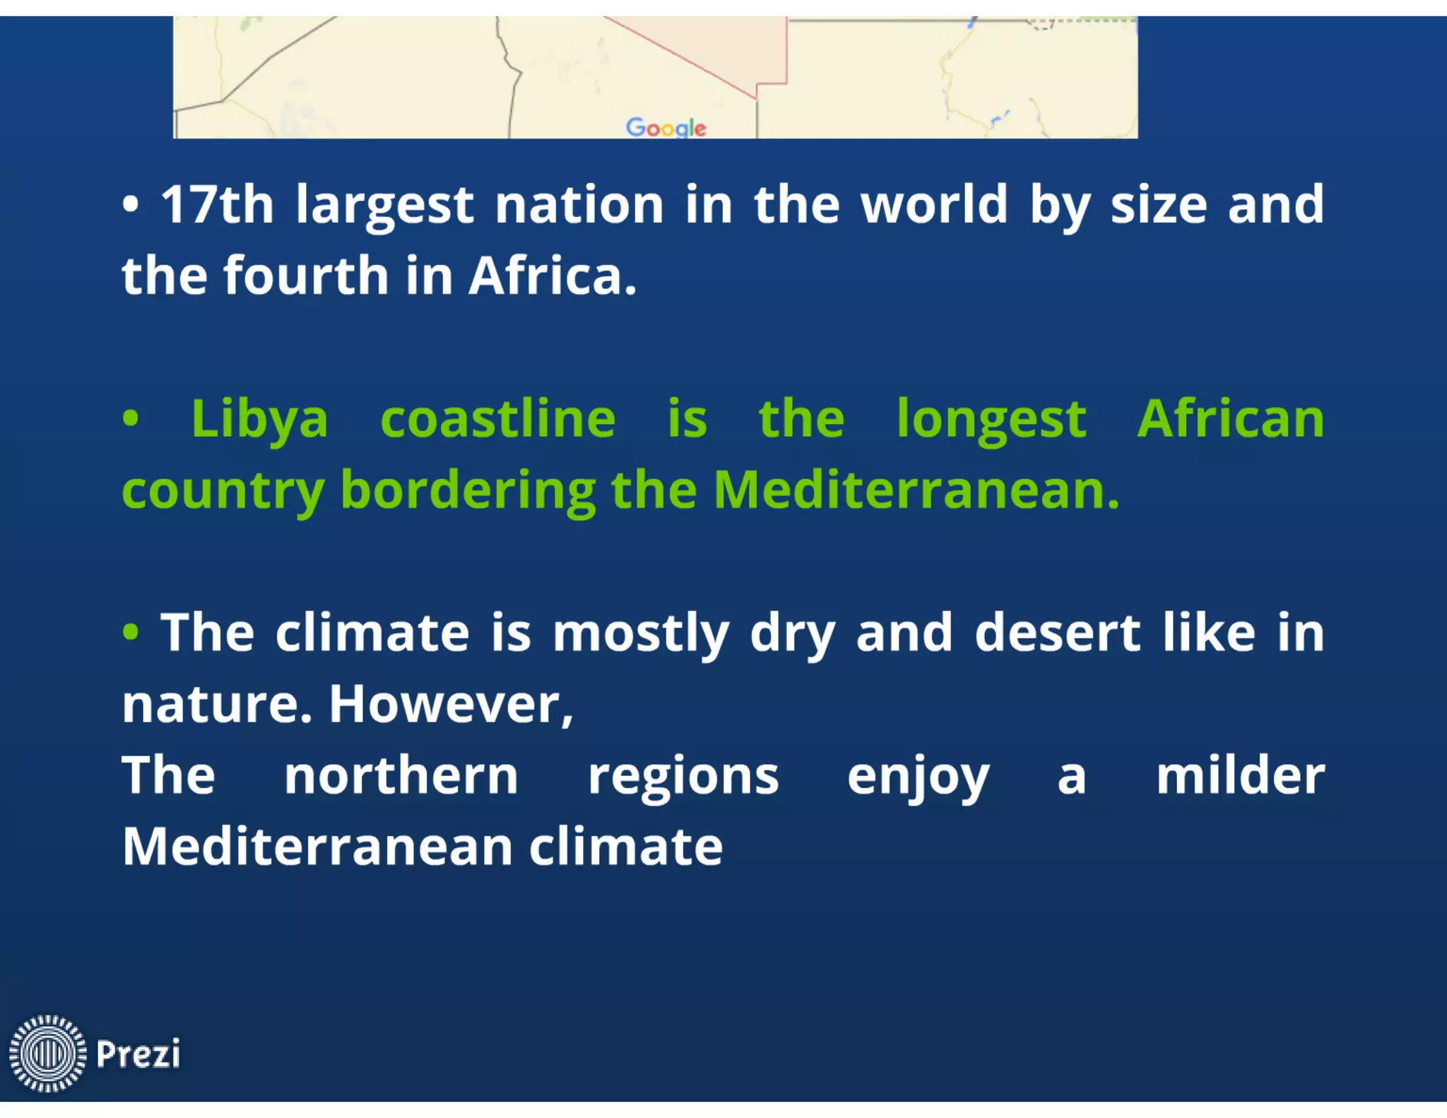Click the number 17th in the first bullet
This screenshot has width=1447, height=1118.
click(x=217, y=205)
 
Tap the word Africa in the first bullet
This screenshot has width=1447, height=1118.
click(x=552, y=276)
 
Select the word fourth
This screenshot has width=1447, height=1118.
click(x=305, y=276)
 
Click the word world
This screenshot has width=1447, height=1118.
click(x=934, y=205)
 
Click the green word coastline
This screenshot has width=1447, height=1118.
click(x=497, y=419)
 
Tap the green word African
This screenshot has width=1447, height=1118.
click(x=1230, y=419)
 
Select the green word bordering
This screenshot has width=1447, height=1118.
click(x=468, y=491)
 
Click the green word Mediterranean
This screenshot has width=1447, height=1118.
click(x=916, y=490)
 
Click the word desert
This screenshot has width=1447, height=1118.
click(x=1057, y=632)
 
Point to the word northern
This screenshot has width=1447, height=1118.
click(x=401, y=775)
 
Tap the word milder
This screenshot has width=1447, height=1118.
click(x=1240, y=775)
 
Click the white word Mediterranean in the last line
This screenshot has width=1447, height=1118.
click(x=317, y=847)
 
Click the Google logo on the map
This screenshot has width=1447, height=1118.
click(x=666, y=128)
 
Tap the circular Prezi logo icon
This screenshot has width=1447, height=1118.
click(x=47, y=1053)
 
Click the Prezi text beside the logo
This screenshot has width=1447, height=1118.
click(x=138, y=1054)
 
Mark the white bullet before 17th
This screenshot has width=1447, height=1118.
click(x=131, y=206)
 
